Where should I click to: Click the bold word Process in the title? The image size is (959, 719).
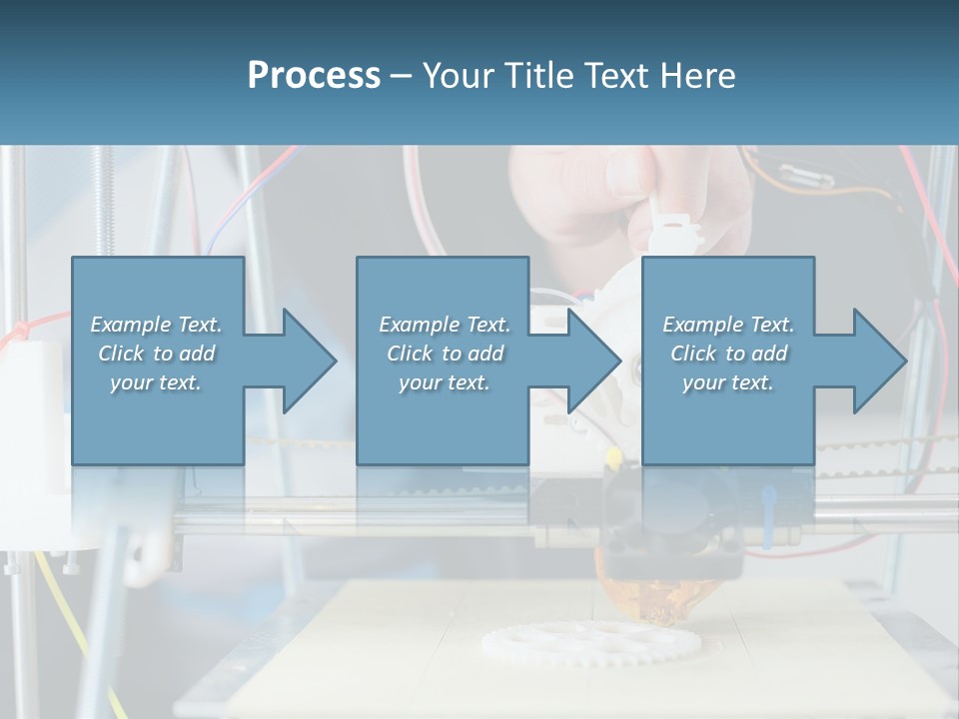tap(314, 76)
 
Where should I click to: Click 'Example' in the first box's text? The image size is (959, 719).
tap(131, 325)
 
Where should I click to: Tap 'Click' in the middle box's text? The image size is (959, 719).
tap(408, 354)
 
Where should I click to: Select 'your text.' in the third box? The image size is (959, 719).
tap(728, 382)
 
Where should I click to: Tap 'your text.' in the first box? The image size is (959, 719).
tap(156, 382)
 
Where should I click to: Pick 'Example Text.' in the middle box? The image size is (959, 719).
tap(445, 325)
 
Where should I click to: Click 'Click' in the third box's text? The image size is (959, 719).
tap(693, 354)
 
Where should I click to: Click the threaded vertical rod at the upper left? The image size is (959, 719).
tap(104, 200)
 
